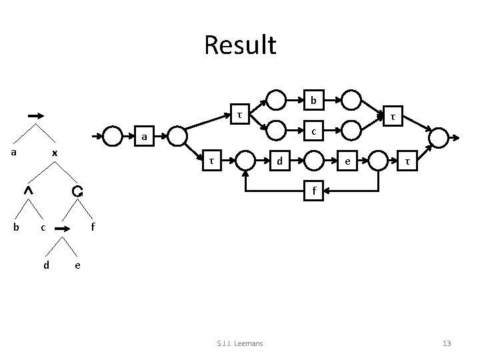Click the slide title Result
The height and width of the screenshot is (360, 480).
[240, 46]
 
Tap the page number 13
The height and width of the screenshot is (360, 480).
[447, 343]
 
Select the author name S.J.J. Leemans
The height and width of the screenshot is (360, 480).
[240, 343]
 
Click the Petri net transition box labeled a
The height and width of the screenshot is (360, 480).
[142, 137]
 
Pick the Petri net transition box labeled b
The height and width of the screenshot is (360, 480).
[313, 101]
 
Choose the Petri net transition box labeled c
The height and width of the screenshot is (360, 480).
[313, 130]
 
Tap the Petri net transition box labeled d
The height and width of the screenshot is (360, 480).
[280, 160]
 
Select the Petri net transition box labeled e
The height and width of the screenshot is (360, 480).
[345, 161]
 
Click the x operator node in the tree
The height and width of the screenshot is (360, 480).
[55, 153]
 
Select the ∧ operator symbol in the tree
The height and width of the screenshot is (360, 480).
[28, 191]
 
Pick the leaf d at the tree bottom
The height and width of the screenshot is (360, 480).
[46, 265]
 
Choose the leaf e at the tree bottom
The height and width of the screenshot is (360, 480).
[78, 265]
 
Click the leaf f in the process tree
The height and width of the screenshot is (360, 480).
[93, 227]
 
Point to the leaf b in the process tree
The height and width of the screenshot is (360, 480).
[16, 227]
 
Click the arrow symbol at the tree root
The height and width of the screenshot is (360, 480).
[37, 115]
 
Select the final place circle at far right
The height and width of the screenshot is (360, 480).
[439, 138]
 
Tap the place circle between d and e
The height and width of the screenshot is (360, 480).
[313, 161]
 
